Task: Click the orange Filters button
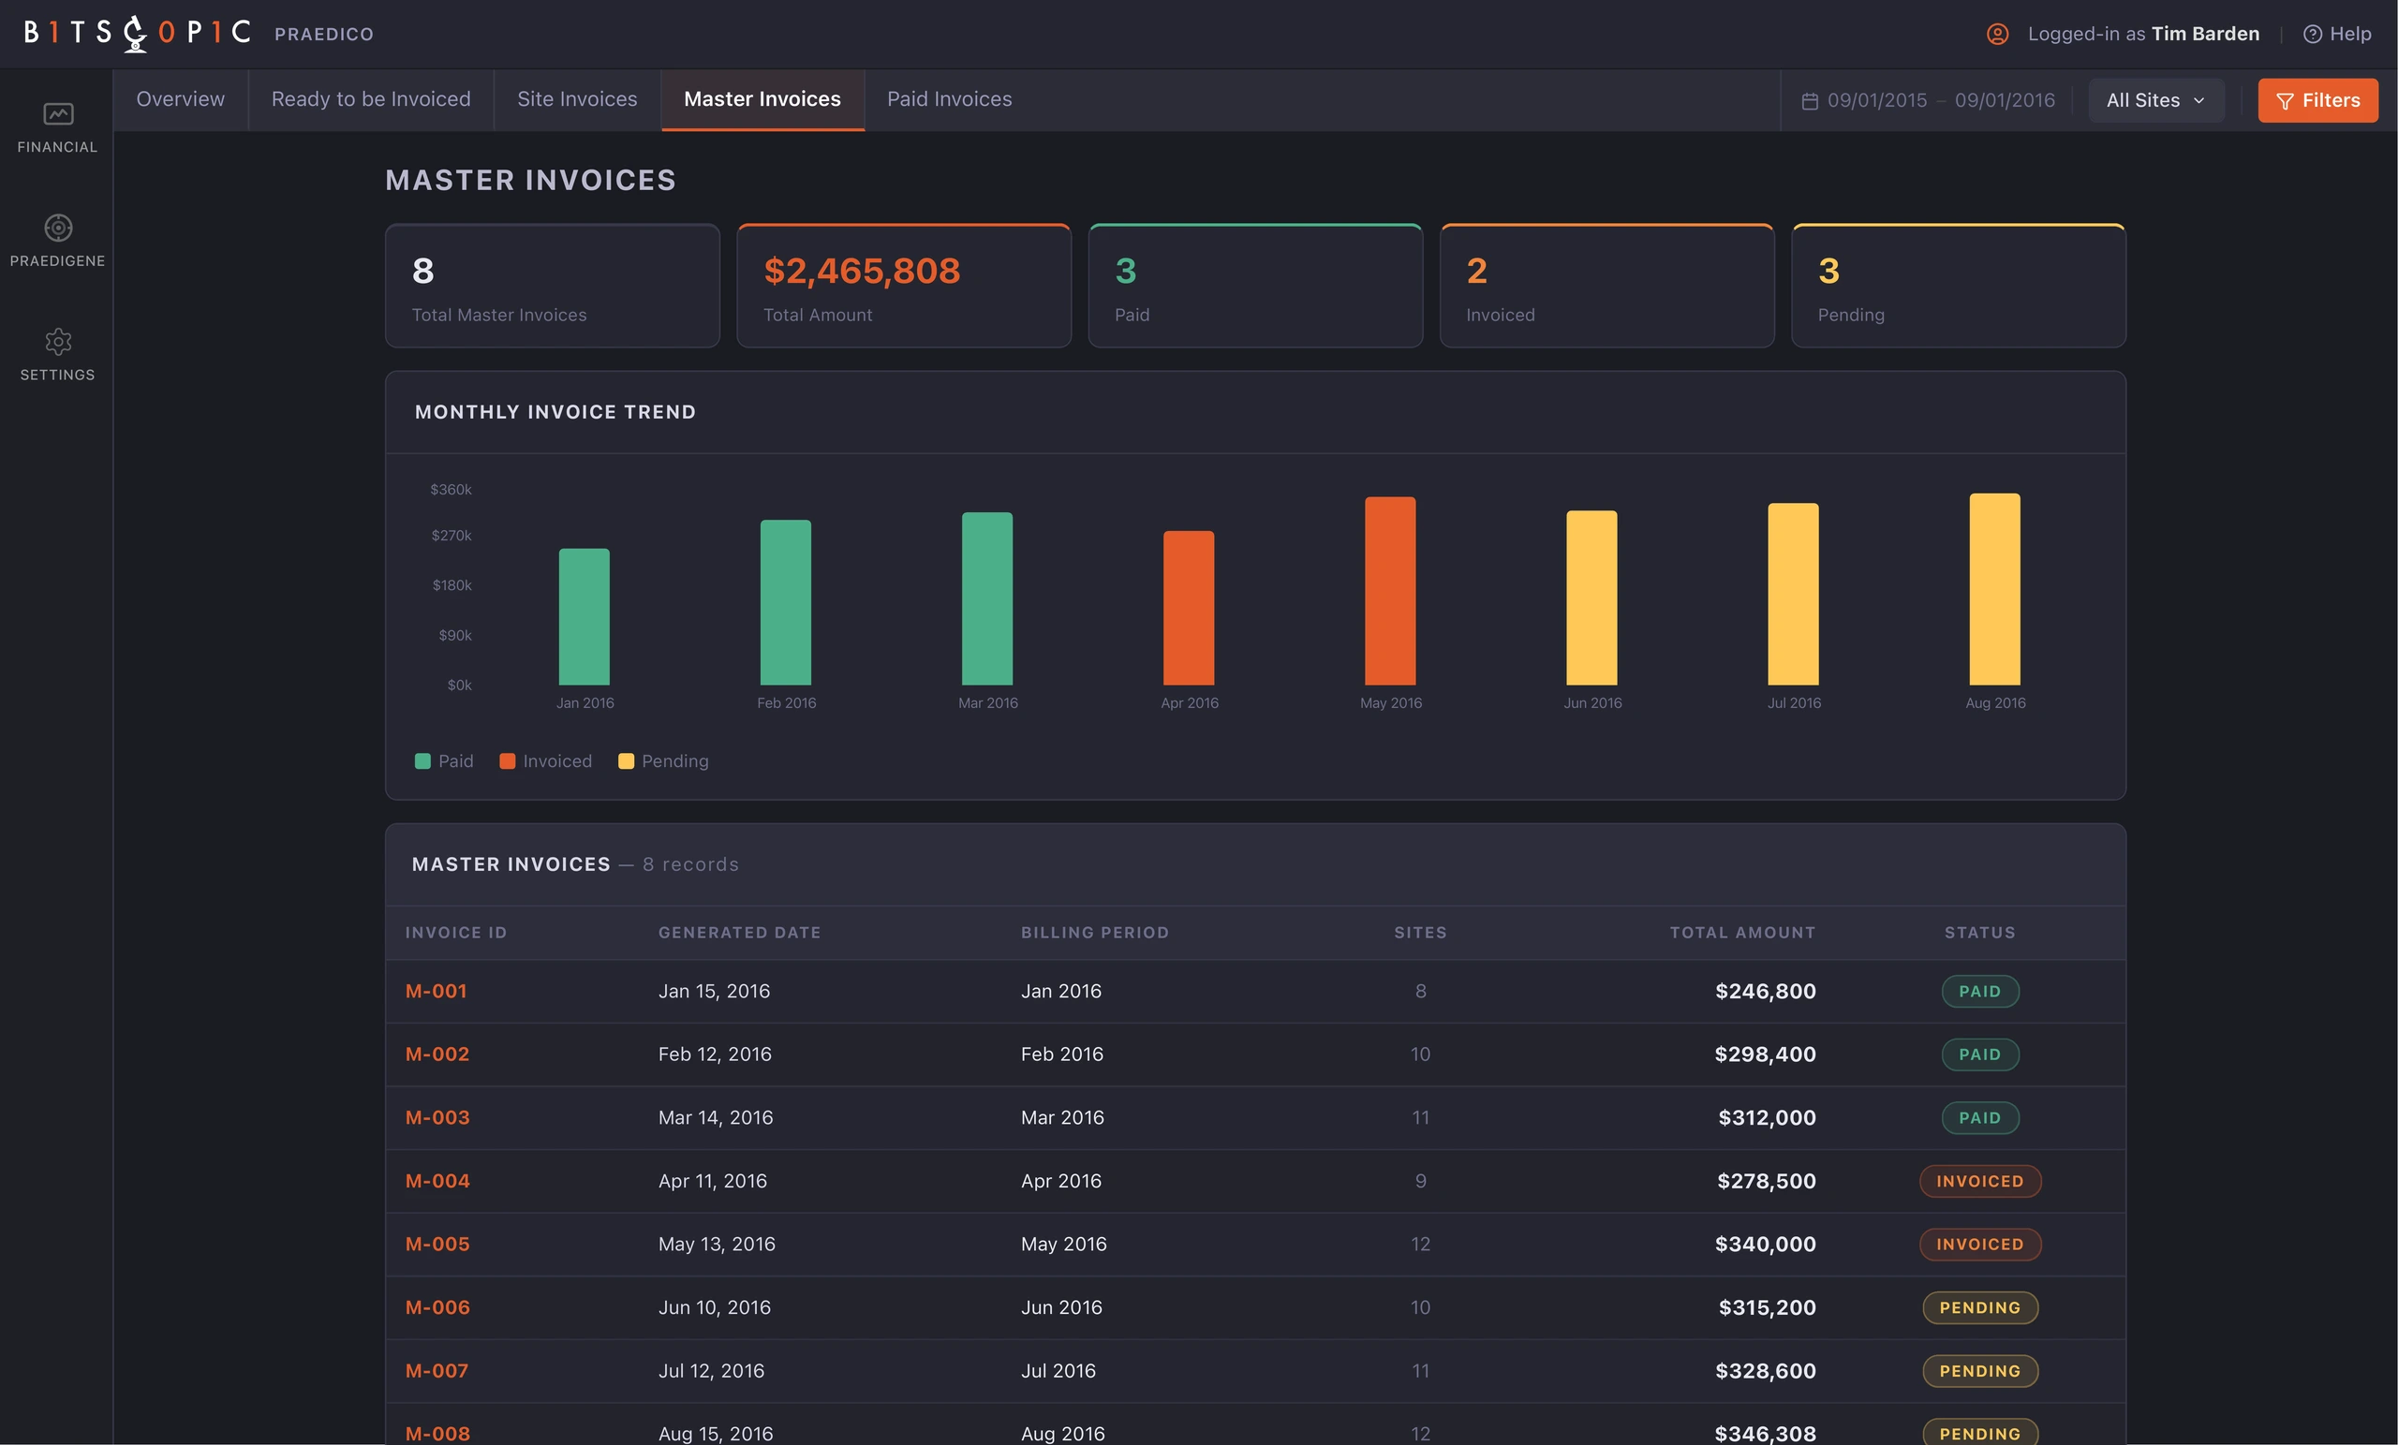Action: click(2317, 100)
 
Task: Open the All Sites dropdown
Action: click(2155, 100)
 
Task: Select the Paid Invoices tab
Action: click(949, 99)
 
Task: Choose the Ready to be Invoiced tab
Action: click(371, 99)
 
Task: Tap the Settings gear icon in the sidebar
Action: click(58, 342)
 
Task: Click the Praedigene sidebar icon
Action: click(58, 228)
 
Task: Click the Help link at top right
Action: click(2337, 34)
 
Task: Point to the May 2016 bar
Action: click(1390, 591)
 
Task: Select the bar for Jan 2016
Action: click(584, 617)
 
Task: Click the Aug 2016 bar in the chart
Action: click(1994, 589)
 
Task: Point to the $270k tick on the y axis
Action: click(451, 535)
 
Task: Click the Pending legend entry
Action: click(664, 761)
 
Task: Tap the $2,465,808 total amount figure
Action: click(861, 271)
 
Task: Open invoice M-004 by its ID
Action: click(437, 1180)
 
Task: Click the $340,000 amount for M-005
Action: click(1765, 1244)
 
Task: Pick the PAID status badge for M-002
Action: click(1979, 1054)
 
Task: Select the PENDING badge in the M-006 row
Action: click(1979, 1306)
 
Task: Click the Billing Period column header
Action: click(1095, 932)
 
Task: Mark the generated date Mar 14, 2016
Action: click(716, 1117)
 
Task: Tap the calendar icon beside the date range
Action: click(1809, 101)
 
